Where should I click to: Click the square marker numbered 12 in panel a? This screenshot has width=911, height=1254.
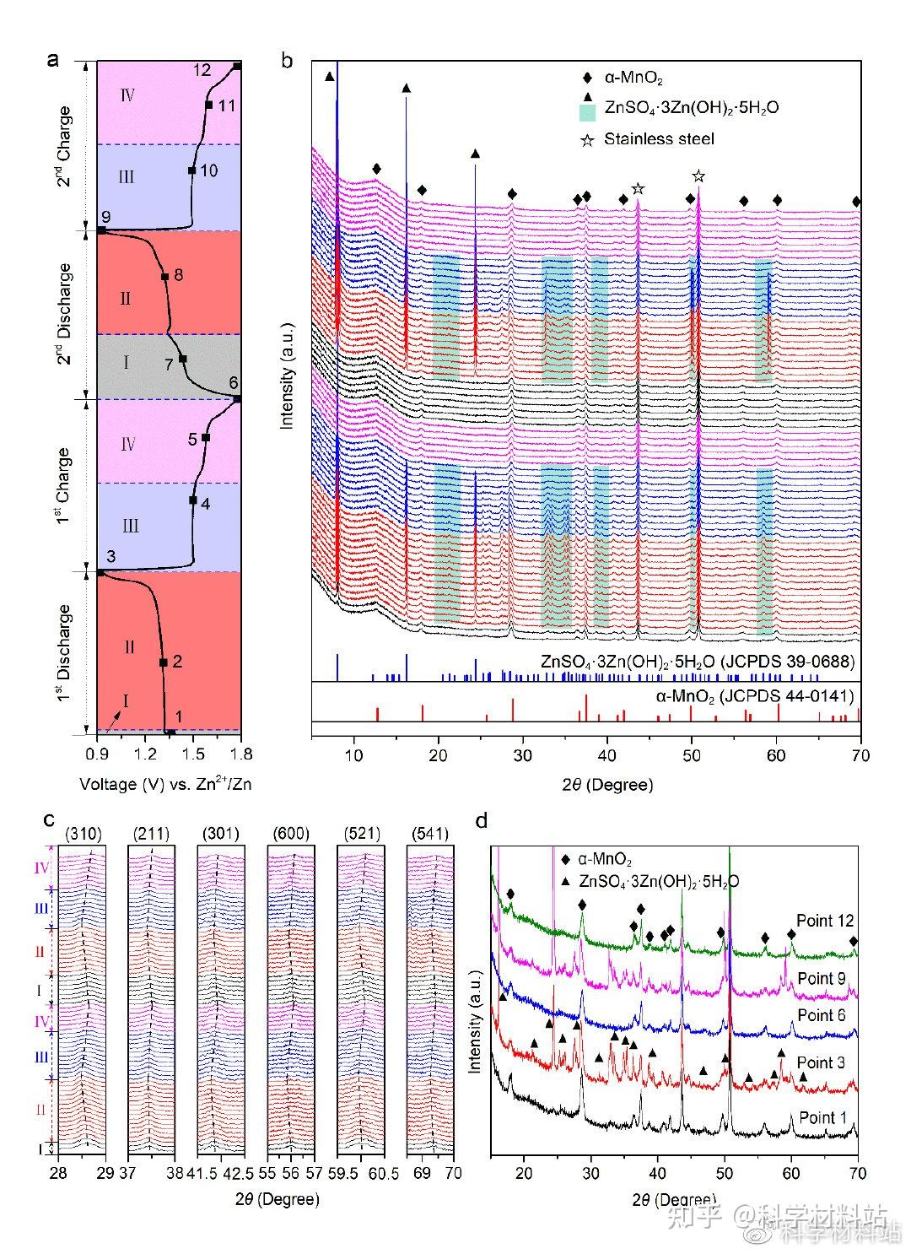[237, 66]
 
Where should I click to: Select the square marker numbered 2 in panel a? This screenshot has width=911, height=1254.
[163, 662]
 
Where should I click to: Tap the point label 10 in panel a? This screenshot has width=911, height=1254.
[209, 170]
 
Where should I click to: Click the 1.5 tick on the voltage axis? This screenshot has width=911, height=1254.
[193, 753]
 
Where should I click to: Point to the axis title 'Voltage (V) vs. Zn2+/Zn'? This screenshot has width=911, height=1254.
[165, 784]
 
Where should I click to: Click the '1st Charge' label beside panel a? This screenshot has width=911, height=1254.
[64, 486]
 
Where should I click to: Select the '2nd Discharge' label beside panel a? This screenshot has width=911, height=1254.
[64, 313]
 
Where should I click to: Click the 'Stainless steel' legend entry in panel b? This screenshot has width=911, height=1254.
[659, 138]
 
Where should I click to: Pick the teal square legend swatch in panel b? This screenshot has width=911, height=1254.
[587, 110]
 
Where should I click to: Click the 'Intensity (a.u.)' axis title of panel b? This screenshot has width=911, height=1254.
[288, 375]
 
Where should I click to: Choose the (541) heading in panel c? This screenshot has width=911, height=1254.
[430, 835]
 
